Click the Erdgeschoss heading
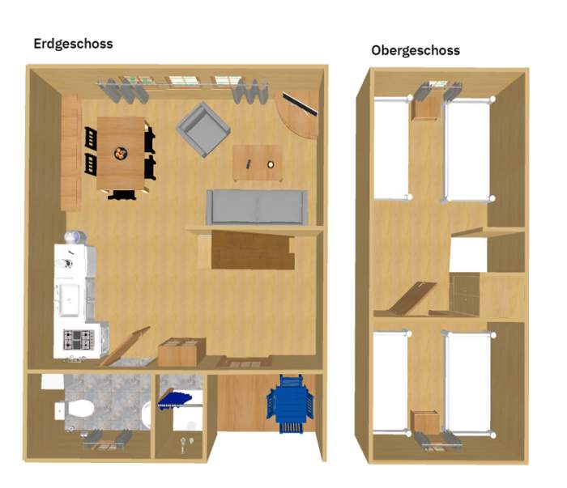coord(73,44)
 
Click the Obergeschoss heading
coord(416,50)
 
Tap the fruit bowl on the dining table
coord(121,154)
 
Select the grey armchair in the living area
coord(203,129)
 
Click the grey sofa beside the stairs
coord(257,207)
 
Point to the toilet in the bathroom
coord(75,409)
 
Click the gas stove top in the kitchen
coord(79,340)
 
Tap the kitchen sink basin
coord(69,299)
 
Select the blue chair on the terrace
coord(290,403)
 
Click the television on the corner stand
coord(301,104)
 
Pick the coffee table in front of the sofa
coord(257,163)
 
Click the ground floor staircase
coord(253,250)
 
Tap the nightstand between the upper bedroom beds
coord(426,108)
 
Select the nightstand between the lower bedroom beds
coord(426,422)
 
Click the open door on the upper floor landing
coord(412,298)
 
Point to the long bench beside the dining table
coord(70,153)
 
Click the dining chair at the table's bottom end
coord(122,195)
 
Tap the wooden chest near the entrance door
coord(181,351)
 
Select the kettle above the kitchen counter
coord(75,237)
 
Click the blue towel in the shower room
coord(174,400)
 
